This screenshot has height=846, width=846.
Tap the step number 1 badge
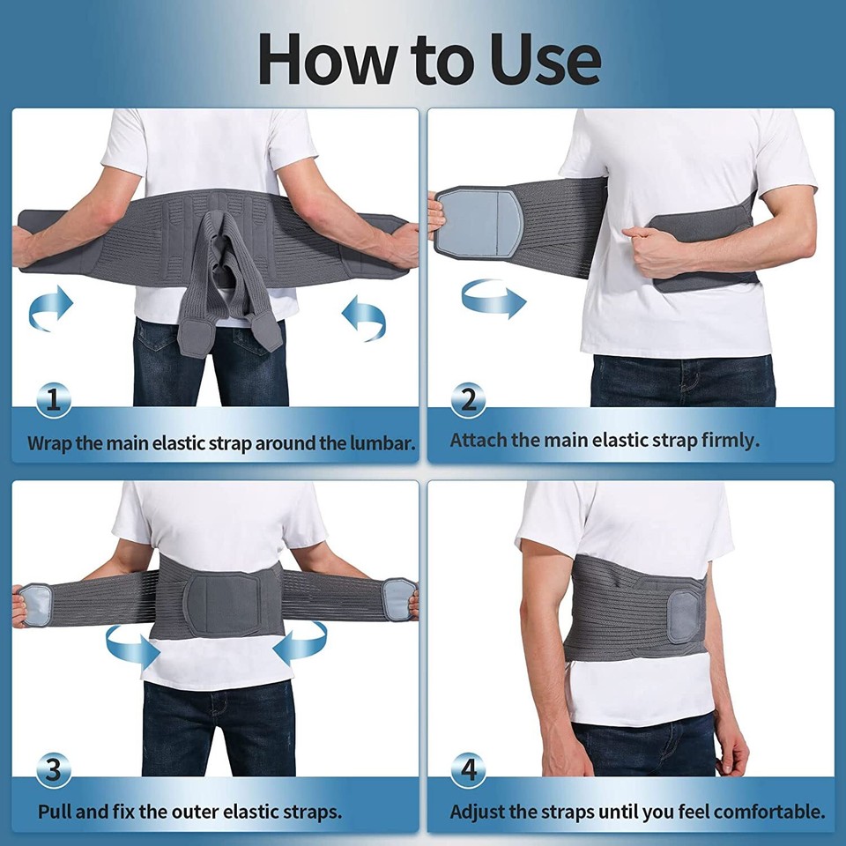(54, 401)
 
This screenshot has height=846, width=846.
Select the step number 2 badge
(468, 400)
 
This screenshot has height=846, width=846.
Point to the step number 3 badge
(54, 772)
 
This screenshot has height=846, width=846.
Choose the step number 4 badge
(468, 771)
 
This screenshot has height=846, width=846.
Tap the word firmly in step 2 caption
(730, 440)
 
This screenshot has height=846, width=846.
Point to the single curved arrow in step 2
(493, 299)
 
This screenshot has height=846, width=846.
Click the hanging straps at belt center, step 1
(232, 291)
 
